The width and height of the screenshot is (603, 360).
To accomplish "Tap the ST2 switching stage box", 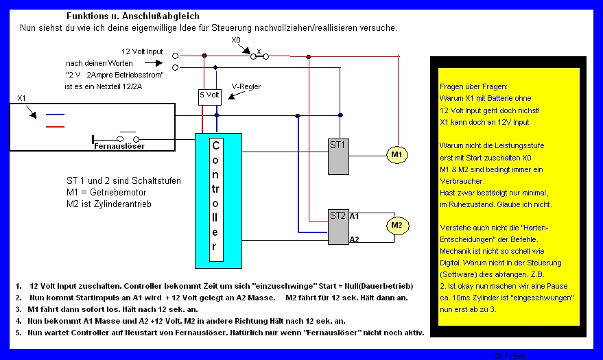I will (338, 227).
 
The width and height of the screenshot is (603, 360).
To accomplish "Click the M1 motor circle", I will (397, 155).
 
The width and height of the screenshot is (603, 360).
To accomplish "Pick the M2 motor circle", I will (396, 224).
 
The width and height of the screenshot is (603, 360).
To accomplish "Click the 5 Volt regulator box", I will (209, 96).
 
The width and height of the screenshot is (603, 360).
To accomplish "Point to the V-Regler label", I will (246, 86).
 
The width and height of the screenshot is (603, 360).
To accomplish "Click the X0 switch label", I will (236, 40).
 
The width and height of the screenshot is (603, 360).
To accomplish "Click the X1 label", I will (22, 98).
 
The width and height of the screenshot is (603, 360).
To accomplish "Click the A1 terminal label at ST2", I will (354, 216).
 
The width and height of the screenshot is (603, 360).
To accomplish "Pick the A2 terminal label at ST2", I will (354, 239).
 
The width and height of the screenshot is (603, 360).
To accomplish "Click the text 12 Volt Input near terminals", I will (143, 52).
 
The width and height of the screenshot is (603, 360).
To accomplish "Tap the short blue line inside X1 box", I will (55, 115).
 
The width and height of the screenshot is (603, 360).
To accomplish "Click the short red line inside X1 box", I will (55, 126).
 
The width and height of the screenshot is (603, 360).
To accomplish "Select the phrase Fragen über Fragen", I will (473, 87).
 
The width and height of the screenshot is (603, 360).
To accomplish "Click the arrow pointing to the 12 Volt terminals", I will (155, 62).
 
